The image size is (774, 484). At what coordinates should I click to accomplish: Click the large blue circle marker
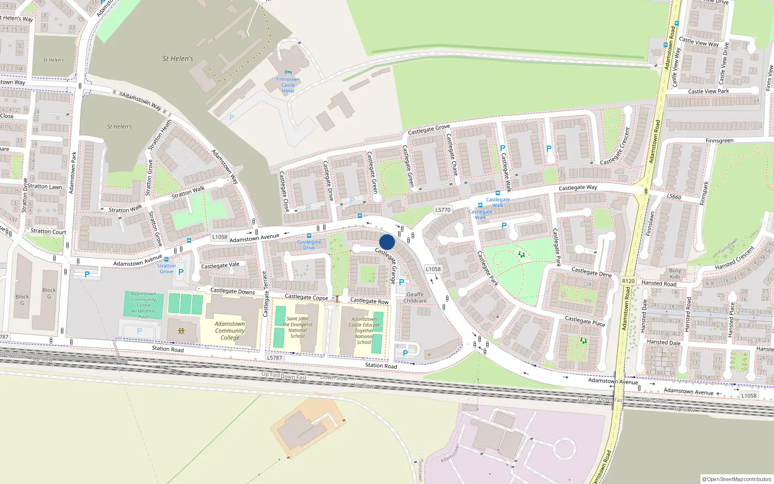tap(387, 242)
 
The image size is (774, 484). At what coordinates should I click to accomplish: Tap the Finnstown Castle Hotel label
tap(288, 85)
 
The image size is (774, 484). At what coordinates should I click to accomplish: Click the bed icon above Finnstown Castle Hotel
tap(288, 72)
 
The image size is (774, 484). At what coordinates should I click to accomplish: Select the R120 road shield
tap(628, 281)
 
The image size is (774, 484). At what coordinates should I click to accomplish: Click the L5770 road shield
tap(443, 210)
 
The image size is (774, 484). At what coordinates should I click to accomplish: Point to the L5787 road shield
tap(274, 358)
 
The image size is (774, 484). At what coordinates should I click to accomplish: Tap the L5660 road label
tap(674, 197)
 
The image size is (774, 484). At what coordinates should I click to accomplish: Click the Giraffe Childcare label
tap(415, 298)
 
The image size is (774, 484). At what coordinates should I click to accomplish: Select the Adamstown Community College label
tap(230, 331)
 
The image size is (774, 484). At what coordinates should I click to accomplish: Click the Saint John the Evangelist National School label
tap(298, 327)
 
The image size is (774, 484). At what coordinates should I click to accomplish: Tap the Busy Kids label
tap(675, 273)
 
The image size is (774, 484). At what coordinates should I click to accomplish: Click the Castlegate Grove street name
tap(429, 129)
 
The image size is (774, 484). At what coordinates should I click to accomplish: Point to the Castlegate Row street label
tap(369, 301)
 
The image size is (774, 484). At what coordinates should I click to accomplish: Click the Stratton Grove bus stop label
tap(166, 269)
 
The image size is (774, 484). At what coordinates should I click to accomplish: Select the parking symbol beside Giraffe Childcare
tap(401, 282)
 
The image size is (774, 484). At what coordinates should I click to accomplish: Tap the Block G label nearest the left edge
tap(22, 300)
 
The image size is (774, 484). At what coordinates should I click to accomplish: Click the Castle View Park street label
tap(708, 91)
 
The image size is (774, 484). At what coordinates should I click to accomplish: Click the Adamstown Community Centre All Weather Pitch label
tap(144, 305)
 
